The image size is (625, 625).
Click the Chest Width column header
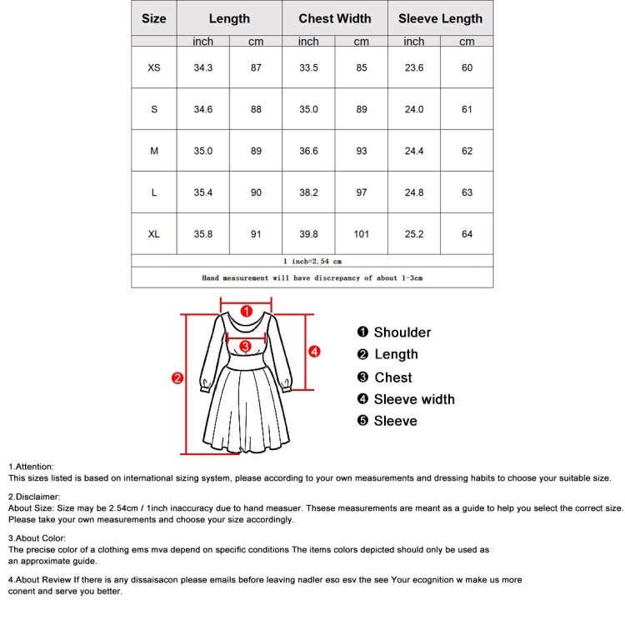[335, 18]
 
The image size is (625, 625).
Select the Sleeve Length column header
[440, 18]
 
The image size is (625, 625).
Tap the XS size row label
[154, 67]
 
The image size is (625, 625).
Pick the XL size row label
[154, 234]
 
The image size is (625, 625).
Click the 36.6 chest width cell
[308, 151]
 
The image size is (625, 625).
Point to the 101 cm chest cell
[361, 234]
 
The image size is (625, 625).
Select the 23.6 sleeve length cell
[414, 67]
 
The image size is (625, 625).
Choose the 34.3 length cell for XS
[203, 67]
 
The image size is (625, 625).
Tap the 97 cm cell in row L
[361, 192]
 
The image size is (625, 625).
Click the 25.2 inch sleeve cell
[414, 234]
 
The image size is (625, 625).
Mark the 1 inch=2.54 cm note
[312, 261]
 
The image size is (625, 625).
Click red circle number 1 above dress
[246, 311]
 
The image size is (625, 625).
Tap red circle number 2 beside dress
[177, 378]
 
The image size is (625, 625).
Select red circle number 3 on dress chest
[245, 346]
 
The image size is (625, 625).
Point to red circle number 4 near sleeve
[314, 352]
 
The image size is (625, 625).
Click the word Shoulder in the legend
[402, 332]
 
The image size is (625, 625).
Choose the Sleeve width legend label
[414, 399]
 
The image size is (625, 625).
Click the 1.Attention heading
[31, 467]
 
